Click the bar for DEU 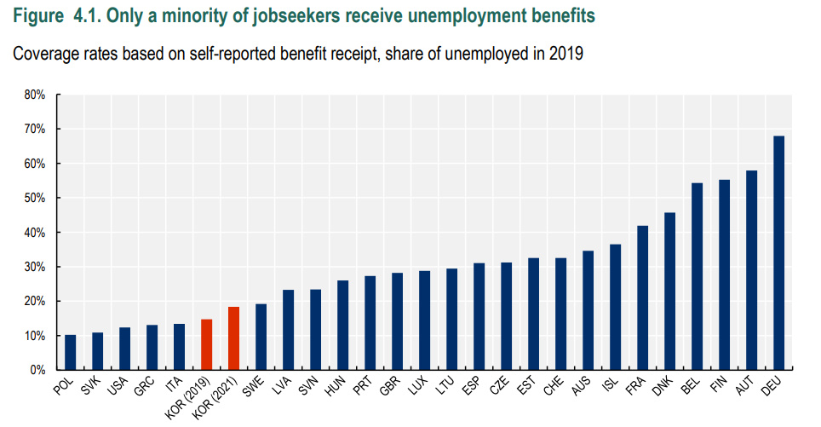[778, 253]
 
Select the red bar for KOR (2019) [206, 344]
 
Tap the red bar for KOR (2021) [233, 338]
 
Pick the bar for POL [70, 352]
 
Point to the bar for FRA [642, 297]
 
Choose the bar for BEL [697, 276]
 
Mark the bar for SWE [261, 337]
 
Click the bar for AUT [751, 270]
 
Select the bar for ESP [479, 316]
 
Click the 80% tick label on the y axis [34, 95]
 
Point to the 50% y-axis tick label [34, 198]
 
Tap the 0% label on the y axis [37, 371]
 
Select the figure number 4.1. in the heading [74, 15]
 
